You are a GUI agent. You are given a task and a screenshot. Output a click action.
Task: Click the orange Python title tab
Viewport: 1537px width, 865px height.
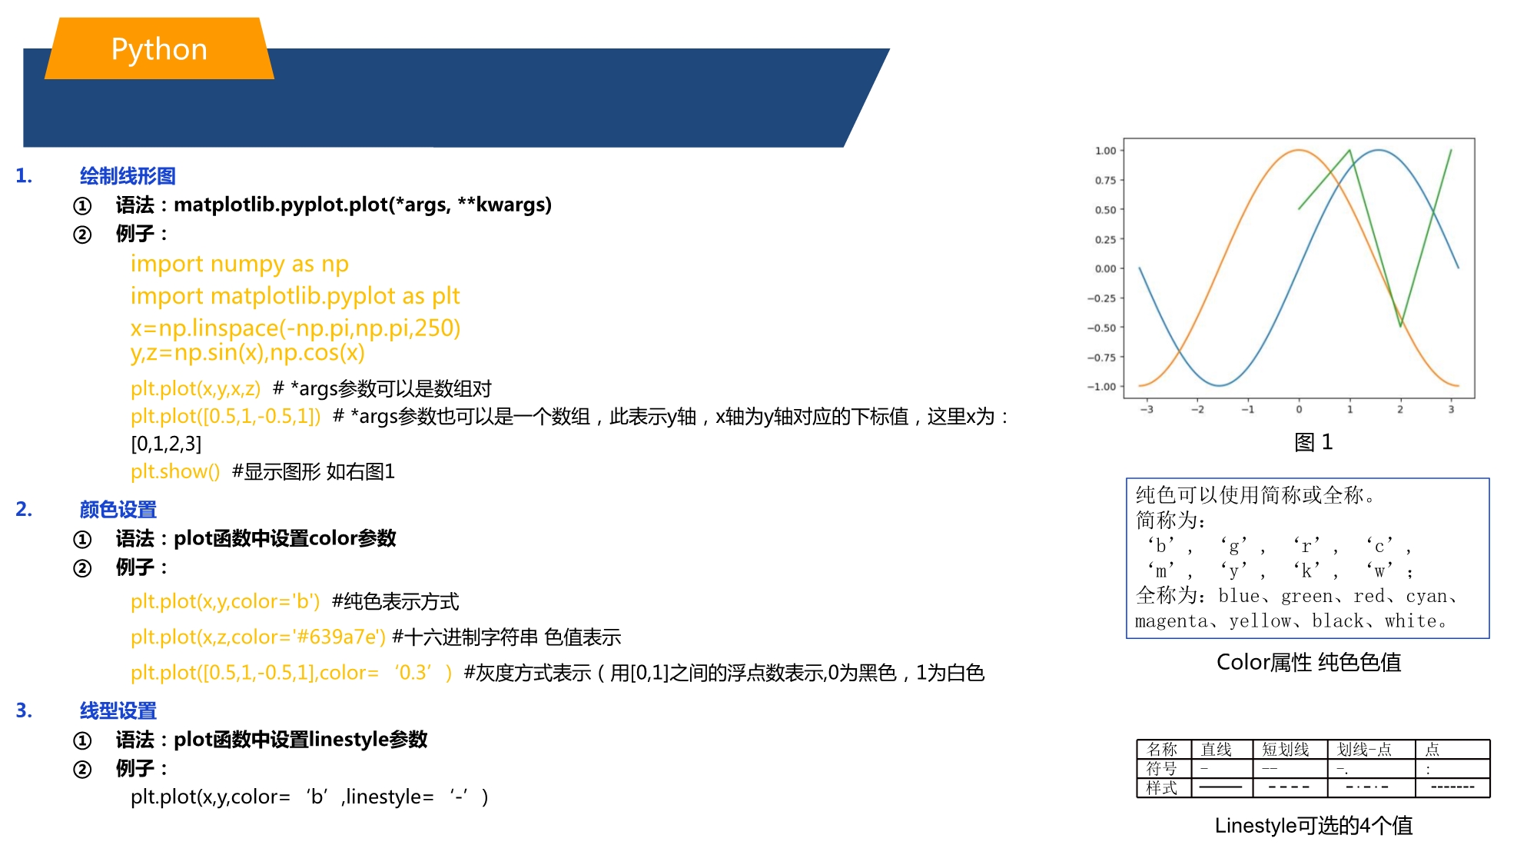coord(159,48)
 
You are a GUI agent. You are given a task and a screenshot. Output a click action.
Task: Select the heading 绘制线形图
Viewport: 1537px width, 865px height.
coord(128,176)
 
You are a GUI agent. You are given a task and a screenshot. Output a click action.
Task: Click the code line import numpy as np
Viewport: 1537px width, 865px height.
coord(240,264)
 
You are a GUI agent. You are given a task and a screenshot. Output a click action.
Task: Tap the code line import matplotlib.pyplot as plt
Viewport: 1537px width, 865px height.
coord(295,296)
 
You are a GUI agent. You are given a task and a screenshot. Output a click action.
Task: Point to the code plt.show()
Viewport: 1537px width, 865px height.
coord(175,471)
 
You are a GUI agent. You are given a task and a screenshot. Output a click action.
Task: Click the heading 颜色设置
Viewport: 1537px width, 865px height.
coord(118,509)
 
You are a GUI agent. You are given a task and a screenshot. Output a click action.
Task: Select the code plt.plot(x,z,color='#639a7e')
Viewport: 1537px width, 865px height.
coord(258,637)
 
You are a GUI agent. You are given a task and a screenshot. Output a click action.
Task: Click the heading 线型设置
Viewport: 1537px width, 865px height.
coord(118,710)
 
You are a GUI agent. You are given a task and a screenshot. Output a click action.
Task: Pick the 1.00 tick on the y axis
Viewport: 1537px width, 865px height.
coord(1105,151)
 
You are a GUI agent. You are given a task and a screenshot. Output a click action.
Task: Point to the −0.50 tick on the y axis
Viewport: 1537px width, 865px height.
coord(1101,328)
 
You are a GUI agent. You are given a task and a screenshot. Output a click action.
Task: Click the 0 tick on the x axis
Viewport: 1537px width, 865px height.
coord(1299,410)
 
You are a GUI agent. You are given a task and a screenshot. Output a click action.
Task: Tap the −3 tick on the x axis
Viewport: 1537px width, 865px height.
coord(1147,410)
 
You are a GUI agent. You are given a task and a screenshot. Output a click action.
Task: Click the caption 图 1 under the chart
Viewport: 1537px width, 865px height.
coord(1313,442)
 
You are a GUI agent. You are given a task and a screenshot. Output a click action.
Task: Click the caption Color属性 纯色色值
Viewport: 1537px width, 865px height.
coord(1309,662)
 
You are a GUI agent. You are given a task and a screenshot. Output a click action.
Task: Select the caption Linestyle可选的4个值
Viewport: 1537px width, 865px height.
coord(1313,826)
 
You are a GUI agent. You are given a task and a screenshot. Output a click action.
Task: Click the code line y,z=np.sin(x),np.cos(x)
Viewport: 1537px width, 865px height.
coord(247,353)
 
